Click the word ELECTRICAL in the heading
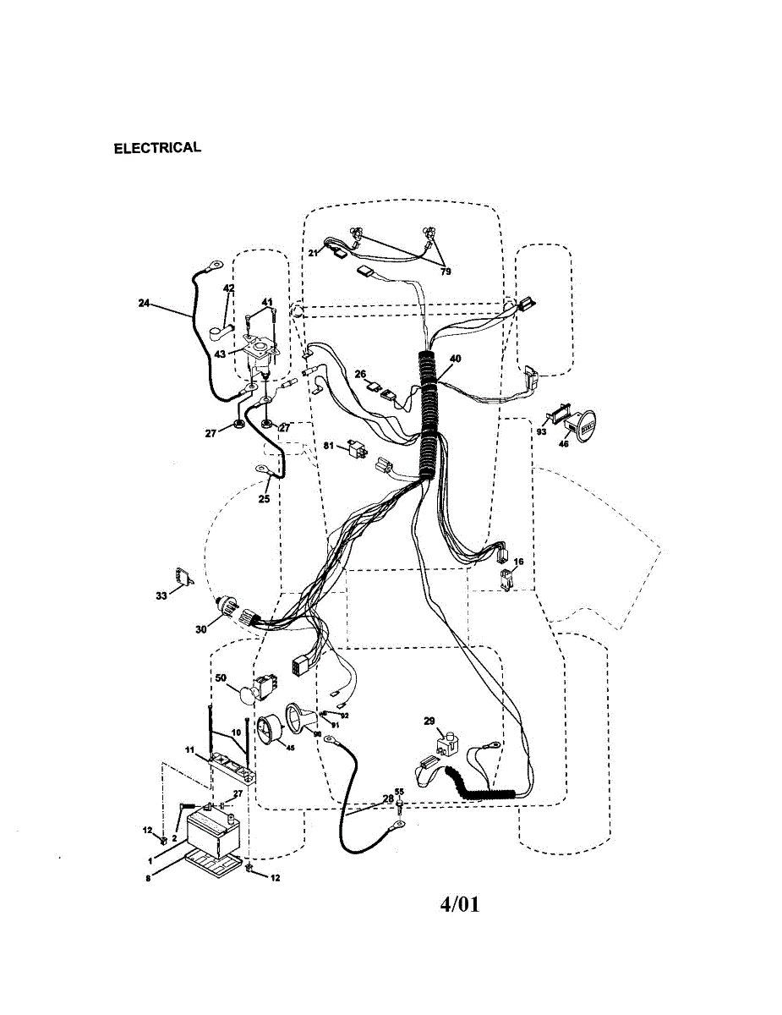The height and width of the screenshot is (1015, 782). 158,148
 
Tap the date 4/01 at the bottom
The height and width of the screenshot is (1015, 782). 460,904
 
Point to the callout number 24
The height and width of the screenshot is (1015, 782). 143,302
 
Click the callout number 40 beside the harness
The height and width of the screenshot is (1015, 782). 455,359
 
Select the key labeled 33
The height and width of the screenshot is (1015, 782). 183,576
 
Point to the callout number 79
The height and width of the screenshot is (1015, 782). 446,272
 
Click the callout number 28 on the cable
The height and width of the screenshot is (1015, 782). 387,798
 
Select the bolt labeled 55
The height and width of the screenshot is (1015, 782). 399,807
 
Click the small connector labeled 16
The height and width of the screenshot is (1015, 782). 506,579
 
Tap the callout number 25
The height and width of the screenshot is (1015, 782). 264,499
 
